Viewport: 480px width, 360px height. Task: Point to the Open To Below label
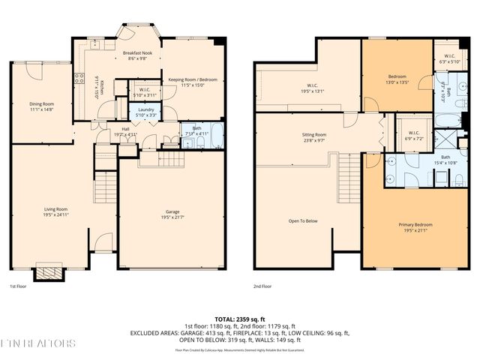coord(303,221)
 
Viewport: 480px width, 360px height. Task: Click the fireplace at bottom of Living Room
coord(50,270)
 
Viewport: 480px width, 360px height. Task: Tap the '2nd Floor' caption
coord(263,286)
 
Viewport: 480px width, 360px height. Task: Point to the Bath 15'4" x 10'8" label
coord(445,160)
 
